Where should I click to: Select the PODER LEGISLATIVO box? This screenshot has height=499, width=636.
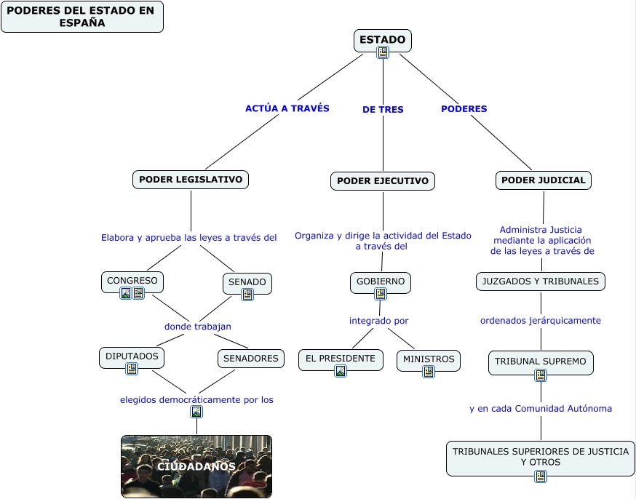(191, 180)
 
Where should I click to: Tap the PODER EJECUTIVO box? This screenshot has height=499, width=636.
(383, 181)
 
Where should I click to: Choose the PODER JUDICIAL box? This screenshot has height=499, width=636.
(544, 180)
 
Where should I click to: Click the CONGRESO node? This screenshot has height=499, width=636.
(132, 281)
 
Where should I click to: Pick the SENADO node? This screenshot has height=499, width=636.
(247, 282)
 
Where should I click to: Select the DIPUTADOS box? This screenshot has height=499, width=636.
(132, 357)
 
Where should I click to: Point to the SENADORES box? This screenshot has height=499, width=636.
(251, 359)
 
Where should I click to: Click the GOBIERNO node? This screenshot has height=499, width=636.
(381, 282)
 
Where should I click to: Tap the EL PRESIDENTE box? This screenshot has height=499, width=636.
(341, 359)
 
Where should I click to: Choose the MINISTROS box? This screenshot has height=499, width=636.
(429, 359)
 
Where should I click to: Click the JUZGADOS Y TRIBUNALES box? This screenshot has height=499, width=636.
(541, 282)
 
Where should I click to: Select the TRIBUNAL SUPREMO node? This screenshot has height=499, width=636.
(541, 362)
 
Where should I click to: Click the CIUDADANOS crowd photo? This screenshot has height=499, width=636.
(196, 466)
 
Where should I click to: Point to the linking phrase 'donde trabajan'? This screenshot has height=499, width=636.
(198, 327)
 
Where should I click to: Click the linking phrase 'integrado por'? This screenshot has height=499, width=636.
(378, 321)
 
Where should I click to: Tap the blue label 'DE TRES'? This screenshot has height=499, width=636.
(383, 110)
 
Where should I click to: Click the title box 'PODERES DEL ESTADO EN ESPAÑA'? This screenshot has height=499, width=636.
(82, 17)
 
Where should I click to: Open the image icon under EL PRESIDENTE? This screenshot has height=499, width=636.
(341, 371)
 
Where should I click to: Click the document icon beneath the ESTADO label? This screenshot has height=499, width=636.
(383, 52)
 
